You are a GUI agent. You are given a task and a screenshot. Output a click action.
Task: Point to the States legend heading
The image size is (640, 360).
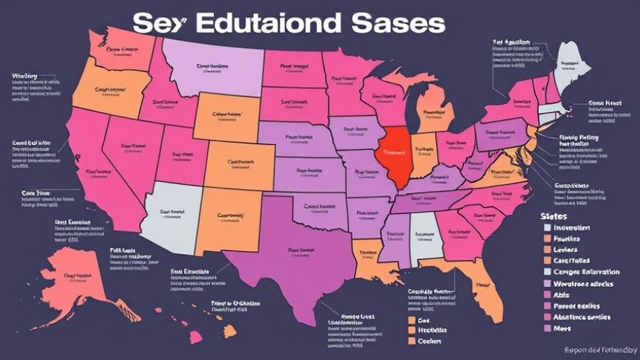point(553,215)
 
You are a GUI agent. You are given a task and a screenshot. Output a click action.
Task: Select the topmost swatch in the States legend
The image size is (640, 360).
point(547,228)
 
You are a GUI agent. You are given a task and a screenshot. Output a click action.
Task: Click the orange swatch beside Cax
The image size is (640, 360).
point(412,319)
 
